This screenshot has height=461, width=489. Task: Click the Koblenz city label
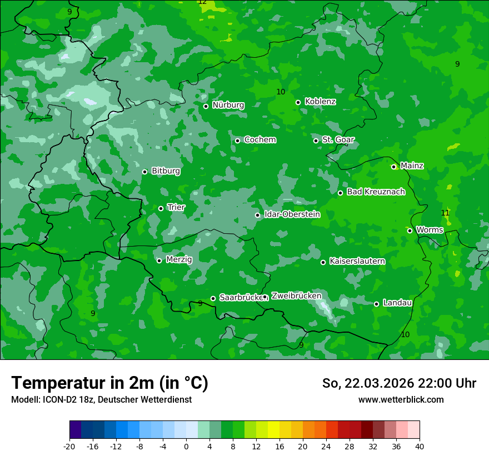pyautogui.click(x=320, y=102)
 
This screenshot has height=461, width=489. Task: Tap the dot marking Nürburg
pyautogui.click(x=206, y=106)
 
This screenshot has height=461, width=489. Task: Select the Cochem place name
pyautogui.click(x=260, y=140)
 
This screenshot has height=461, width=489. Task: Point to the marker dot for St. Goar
pyautogui.click(x=316, y=141)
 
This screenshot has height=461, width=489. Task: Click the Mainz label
pyautogui.click(x=412, y=166)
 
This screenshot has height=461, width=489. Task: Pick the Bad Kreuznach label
pyautogui.click(x=376, y=192)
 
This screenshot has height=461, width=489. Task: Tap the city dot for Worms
pyautogui.click(x=410, y=231)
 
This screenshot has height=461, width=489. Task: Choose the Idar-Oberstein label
pyautogui.click(x=292, y=214)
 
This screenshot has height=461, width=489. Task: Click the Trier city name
pyautogui.click(x=176, y=208)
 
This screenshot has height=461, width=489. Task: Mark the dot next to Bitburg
pyautogui.click(x=144, y=172)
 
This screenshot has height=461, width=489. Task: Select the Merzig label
pyautogui.click(x=179, y=260)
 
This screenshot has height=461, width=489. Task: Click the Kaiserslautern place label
pyautogui.click(x=357, y=261)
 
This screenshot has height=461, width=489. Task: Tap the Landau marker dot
pyautogui.click(x=376, y=304)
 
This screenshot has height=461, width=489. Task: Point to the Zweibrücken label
pyautogui.click(x=296, y=296)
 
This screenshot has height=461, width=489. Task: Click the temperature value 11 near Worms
pyautogui.click(x=445, y=213)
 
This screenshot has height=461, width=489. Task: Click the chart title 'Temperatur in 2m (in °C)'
pyautogui.click(x=109, y=383)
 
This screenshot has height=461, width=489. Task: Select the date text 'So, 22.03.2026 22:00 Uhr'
pyautogui.click(x=399, y=383)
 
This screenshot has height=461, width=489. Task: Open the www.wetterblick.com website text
pyautogui.click(x=401, y=400)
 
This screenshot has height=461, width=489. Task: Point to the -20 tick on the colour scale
pyautogui.click(x=69, y=447)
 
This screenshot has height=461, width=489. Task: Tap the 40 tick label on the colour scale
pyautogui.click(x=419, y=447)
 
